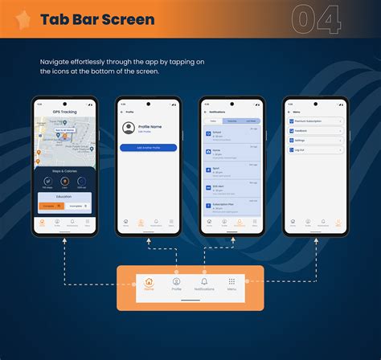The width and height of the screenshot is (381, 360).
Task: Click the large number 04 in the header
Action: click(x=316, y=19)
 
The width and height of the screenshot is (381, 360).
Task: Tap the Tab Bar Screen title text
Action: click(x=97, y=19)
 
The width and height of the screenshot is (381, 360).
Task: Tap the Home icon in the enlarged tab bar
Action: click(x=149, y=283)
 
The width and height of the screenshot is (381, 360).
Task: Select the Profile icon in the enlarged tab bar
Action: click(x=176, y=283)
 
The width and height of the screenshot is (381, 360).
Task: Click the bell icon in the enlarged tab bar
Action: click(x=203, y=283)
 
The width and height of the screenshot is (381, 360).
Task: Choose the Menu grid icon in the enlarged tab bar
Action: click(x=231, y=283)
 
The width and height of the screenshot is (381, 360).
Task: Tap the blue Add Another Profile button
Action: click(x=148, y=148)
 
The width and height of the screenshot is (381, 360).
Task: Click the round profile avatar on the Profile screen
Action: click(x=127, y=129)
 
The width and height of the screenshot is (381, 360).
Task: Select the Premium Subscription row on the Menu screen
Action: click(x=314, y=121)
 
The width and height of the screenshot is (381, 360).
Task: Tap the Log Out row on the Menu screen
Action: click(x=314, y=149)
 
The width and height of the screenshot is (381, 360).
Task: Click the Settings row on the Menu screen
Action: click(x=314, y=139)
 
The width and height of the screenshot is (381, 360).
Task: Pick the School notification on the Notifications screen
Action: click(x=231, y=134)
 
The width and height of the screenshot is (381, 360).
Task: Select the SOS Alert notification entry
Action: click(x=231, y=188)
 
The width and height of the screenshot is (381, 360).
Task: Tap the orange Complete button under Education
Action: click(x=50, y=206)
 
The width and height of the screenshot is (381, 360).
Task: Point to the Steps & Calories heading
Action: click(x=64, y=170)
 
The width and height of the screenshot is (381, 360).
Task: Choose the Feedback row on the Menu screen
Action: click(x=314, y=130)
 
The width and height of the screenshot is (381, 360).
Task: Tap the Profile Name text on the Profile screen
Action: click(x=151, y=126)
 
